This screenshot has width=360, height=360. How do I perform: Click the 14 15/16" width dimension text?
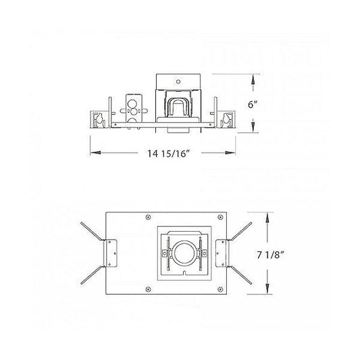coord(165,154)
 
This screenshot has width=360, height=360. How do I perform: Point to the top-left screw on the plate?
coord(148,217)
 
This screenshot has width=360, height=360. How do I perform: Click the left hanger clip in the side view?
coord(100,118)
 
